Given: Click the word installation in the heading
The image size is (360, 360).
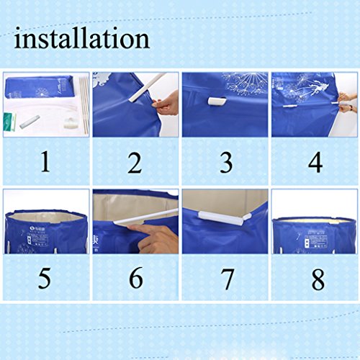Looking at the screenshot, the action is coord(82,37).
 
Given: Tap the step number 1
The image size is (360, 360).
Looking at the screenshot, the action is coord(45,161).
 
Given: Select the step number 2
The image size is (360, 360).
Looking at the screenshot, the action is coord(135,163).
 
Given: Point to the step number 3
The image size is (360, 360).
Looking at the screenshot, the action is coord(226,163).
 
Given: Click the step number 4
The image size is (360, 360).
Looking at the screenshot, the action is coord(315,162).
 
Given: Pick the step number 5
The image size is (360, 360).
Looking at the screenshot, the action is coord(45,278).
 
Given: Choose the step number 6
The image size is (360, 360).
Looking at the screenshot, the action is coord(136,277).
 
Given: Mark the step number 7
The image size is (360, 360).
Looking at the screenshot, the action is coord(227,279).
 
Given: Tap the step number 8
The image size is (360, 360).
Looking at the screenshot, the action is coord(318,279).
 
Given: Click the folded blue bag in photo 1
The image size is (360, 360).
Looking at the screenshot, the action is coord(39,88).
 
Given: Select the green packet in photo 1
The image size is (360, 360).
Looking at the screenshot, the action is coord(9,121).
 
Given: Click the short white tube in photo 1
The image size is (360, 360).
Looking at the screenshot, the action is coord(30,122).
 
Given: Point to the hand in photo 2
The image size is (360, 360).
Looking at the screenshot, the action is coord(166,104).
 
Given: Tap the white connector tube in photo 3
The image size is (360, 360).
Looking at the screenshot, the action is coord(217,102).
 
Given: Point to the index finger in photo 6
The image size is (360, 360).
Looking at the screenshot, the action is coord(144,229).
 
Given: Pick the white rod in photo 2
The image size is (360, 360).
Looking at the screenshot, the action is coord(146,88).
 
